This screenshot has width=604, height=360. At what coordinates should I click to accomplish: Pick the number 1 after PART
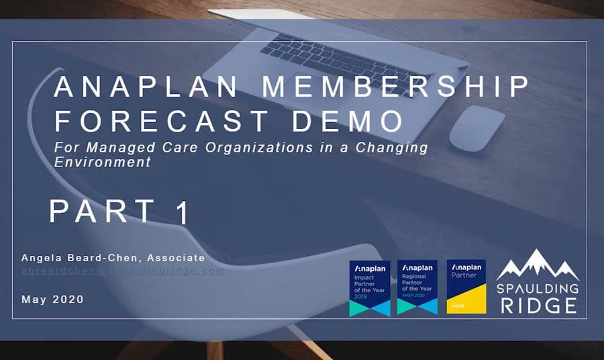[x=181, y=213]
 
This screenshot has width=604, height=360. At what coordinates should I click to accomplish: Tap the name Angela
[x=44, y=258]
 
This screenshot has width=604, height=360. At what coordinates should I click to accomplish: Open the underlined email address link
[x=123, y=271]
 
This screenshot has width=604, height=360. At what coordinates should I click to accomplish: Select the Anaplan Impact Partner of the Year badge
[x=369, y=288]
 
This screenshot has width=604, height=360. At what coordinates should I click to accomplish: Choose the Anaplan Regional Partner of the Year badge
[x=417, y=288]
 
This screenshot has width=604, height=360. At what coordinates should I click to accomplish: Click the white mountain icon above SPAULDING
[x=537, y=265]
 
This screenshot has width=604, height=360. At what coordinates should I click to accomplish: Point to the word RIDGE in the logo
[x=538, y=306]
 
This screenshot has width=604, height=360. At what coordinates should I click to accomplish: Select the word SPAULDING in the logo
[x=538, y=288]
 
